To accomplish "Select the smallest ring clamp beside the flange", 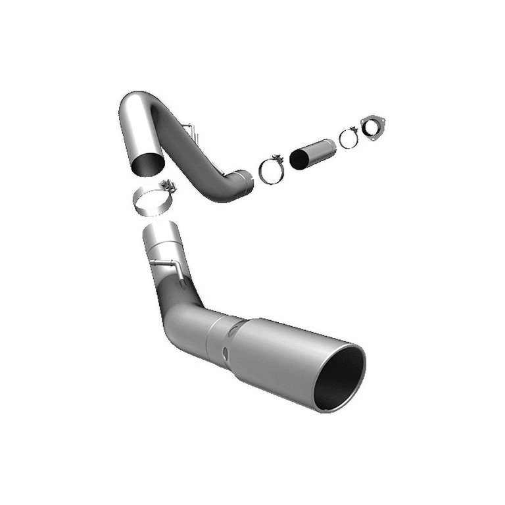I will click(349, 138).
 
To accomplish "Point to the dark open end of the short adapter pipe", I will click(299, 159).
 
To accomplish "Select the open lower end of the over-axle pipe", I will click(146, 163).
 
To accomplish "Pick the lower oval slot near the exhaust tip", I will click(225, 356).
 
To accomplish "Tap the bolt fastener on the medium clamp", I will click(277, 158).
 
